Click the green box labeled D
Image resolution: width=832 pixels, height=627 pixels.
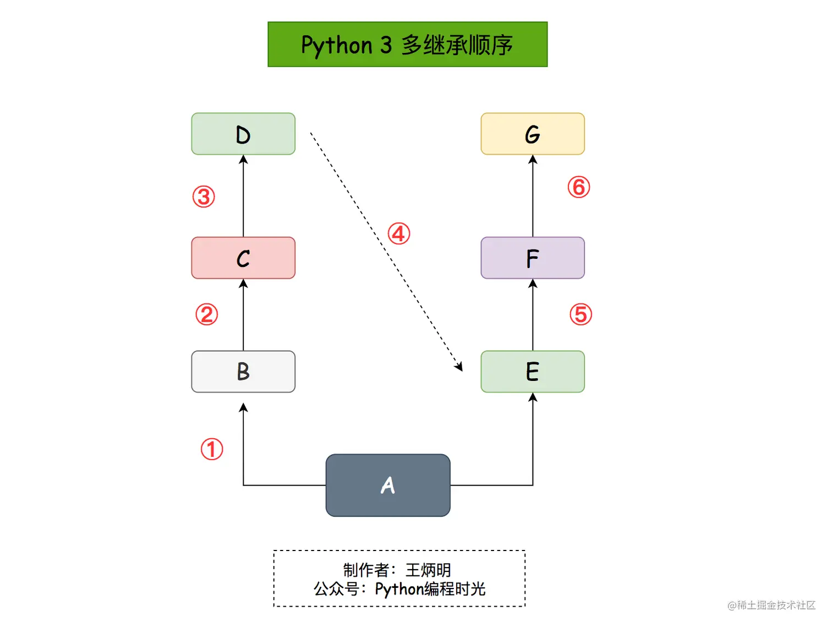(x=243, y=134)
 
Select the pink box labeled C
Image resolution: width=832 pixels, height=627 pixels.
(x=243, y=258)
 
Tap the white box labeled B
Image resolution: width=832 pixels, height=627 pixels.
(x=243, y=372)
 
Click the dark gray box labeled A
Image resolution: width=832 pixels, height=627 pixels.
(x=388, y=485)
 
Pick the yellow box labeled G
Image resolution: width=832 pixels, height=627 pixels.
(x=533, y=134)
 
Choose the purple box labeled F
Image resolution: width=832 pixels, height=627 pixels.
(x=533, y=258)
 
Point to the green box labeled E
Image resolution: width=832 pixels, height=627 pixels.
(x=533, y=372)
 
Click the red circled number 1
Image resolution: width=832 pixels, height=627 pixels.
(x=212, y=449)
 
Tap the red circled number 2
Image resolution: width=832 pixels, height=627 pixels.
(x=207, y=314)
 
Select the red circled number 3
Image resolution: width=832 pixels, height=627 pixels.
(x=204, y=197)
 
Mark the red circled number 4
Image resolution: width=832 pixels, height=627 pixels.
(x=399, y=233)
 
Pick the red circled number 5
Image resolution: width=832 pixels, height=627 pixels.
(x=581, y=314)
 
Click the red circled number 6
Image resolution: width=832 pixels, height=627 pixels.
(x=579, y=187)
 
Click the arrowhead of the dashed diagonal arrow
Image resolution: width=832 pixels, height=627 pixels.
(x=459, y=366)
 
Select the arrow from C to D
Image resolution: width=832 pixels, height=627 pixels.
(x=243, y=198)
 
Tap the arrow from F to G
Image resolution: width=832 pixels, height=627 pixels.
(x=533, y=198)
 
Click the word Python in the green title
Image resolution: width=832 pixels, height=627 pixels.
(x=337, y=45)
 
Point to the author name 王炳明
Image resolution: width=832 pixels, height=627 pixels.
(x=428, y=570)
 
